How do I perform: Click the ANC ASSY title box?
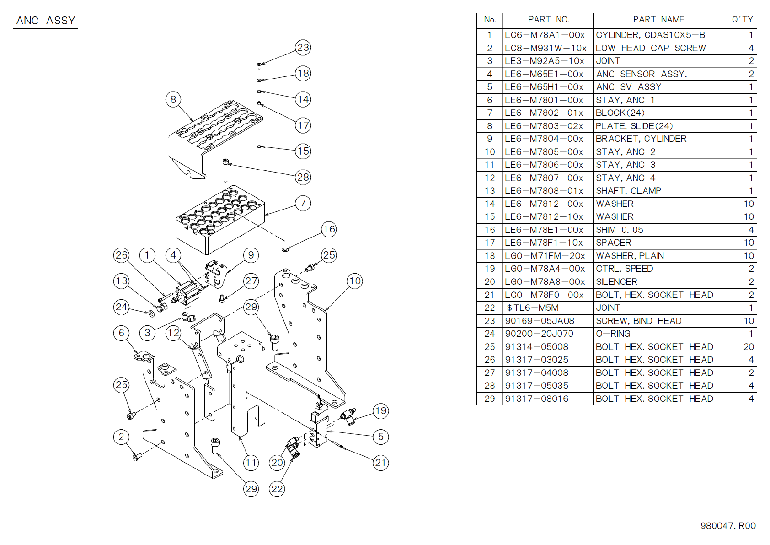[45, 21]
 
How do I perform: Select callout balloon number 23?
[303, 48]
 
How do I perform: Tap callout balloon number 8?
[173, 99]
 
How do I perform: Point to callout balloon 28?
[303, 177]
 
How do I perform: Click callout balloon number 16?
[329, 229]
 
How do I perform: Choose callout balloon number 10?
[355, 281]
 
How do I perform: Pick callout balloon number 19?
[381, 411]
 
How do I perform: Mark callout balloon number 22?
[277, 489]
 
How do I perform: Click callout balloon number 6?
[121, 333]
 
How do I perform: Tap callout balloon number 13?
[121, 281]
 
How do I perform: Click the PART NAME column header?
[658, 19]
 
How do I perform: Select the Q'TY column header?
[742, 19]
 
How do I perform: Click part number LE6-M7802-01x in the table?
[544, 113]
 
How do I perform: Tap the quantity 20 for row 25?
[748, 347]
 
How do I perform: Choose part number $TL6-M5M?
[533, 308]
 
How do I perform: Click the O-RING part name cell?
[613, 334]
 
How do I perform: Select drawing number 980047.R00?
[728, 526]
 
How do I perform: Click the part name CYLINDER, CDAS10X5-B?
[650, 35]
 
